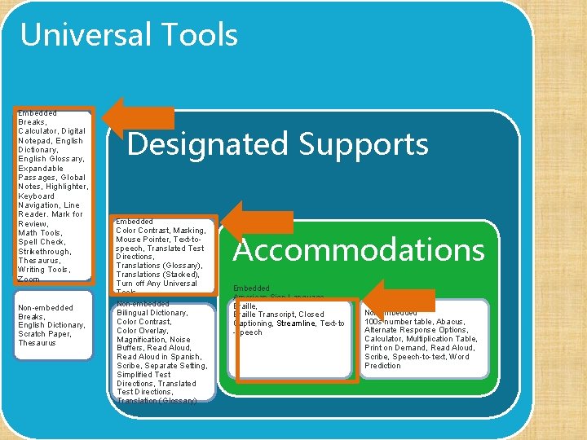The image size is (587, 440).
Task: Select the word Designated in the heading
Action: tap(208, 144)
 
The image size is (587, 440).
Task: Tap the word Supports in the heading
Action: tap(363, 144)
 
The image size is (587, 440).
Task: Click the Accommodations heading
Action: tap(359, 250)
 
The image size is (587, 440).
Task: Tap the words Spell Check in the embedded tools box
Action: tap(41, 242)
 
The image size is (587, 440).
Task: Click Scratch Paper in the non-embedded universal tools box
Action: tap(45, 334)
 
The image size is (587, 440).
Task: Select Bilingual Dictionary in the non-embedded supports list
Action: tap(152, 313)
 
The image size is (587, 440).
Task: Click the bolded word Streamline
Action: tap(296, 323)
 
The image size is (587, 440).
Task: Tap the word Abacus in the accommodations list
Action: tap(450, 322)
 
